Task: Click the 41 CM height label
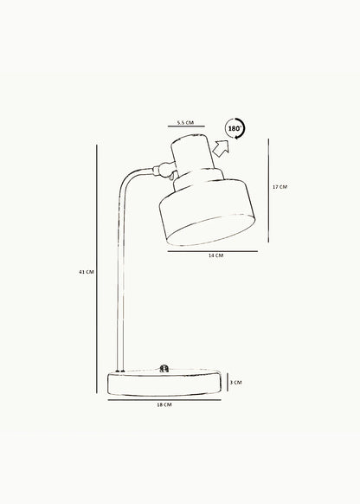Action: (87, 272)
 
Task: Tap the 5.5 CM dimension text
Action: (185, 122)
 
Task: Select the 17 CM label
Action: (280, 187)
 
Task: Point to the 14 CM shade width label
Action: (215, 255)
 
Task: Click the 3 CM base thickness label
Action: (235, 383)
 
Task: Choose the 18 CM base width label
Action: (164, 404)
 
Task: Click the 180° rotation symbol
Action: (235, 128)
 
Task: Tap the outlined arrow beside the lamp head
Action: (222, 149)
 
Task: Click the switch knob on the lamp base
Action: (164, 368)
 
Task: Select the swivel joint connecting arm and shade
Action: (164, 170)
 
